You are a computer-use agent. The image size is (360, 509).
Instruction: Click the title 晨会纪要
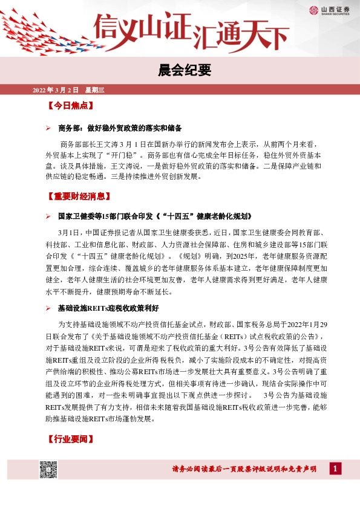point(180,70)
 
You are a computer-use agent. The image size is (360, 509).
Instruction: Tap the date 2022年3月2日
point(56,90)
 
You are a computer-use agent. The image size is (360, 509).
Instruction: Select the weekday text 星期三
point(95,90)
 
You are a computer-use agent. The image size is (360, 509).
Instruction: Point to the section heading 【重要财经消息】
point(79,196)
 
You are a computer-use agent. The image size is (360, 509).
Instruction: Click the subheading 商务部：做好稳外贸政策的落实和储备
point(120,129)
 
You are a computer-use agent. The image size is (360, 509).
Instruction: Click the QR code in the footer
point(48,469)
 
